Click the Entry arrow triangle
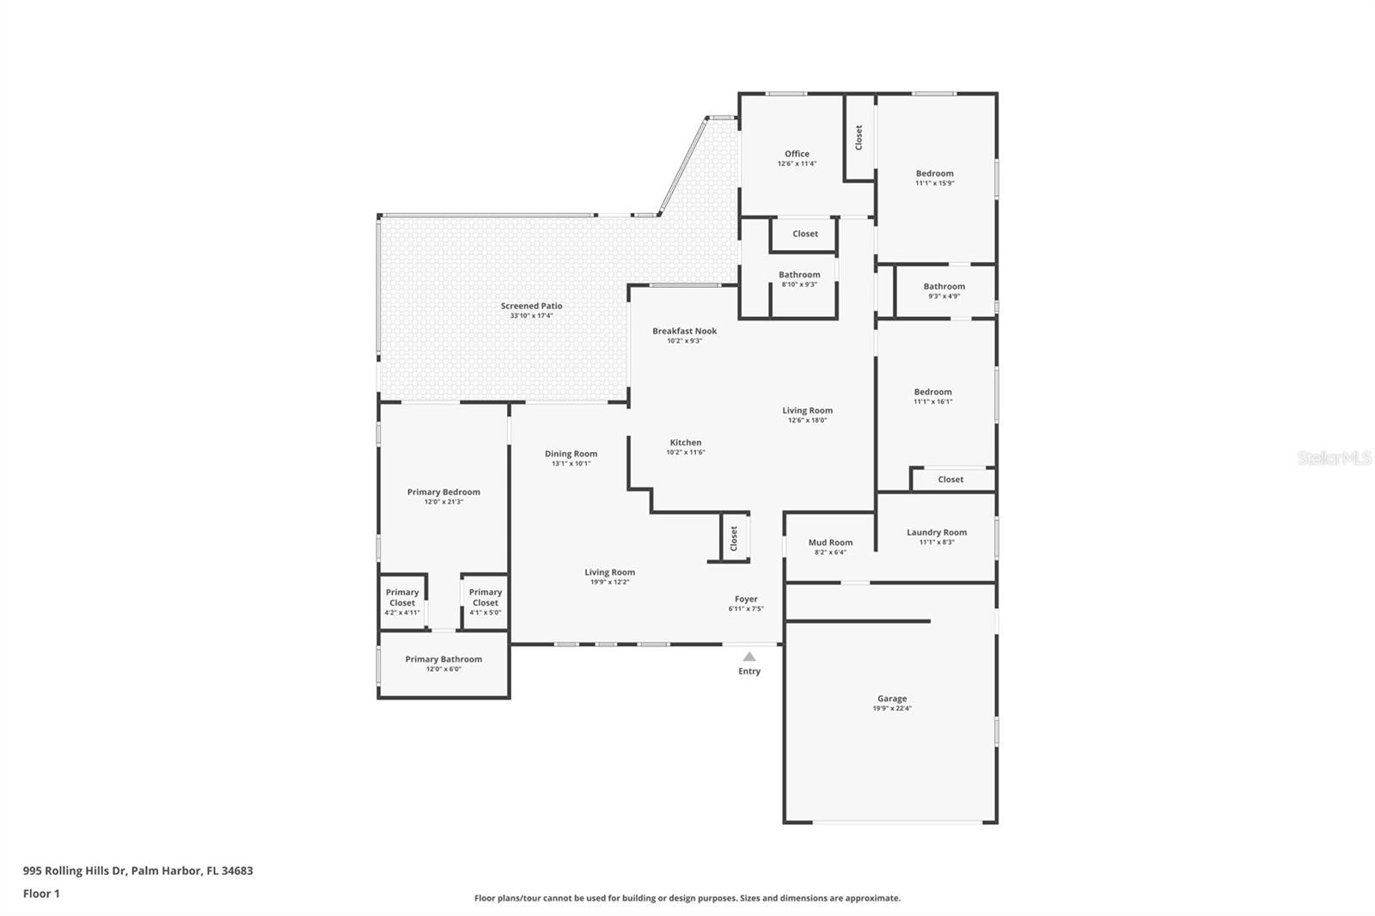pyautogui.click(x=749, y=656)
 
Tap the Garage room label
pyautogui.click(x=892, y=699)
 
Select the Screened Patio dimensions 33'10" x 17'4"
pyautogui.click(x=531, y=316)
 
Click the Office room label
pyautogui.click(x=797, y=154)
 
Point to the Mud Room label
pyautogui.click(x=830, y=542)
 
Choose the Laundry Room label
pyautogui.click(x=937, y=532)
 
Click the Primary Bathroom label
pyautogui.click(x=443, y=659)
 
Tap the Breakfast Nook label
pyautogui.click(x=684, y=331)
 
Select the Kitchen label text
pyautogui.click(x=686, y=443)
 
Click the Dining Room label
pyautogui.click(x=571, y=454)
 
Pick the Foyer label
pyautogui.click(x=746, y=599)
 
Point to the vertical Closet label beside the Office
pyautogui.click(x=859, y=137)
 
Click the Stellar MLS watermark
pyautogui.click(x=1334, y=459)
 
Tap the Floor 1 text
pyautogui.click(x=41, y=894)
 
